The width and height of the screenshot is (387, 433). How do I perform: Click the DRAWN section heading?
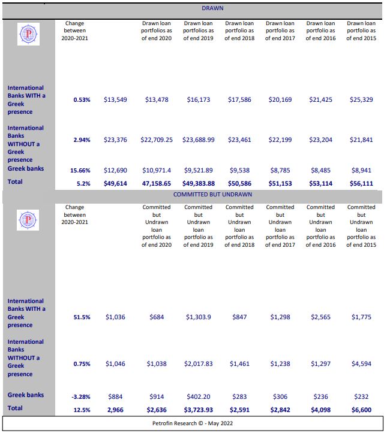(x=212, y=8)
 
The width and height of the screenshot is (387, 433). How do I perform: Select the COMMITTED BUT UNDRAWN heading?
(x=212, y=195)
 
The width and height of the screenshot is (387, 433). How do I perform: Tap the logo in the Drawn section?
(x=28, y=34)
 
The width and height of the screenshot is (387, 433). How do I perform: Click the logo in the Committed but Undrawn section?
(x=28, y=220)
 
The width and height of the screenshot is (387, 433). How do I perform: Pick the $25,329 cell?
(x=361, y=99)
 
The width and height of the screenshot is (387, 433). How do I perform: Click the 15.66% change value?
(x=80, y=170)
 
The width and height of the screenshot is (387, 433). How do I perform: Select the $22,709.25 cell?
(x=157, y=140)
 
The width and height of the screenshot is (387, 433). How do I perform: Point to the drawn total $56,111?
(x=361, y=183)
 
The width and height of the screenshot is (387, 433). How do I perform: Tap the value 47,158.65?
(x=157, y=183)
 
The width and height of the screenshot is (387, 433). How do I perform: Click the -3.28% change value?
(x=81, y=397)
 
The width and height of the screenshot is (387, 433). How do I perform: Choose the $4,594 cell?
(x=361, y=364)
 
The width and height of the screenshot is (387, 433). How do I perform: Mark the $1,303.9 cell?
(x=199, y=317)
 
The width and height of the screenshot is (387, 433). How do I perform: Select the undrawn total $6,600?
(x=361, y=410)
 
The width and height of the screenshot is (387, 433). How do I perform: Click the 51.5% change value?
(x=82, y=317)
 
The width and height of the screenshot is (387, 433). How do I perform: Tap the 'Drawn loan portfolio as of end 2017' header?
(x=280, y=31)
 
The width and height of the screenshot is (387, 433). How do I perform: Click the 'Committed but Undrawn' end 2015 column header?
(x=361, y=226)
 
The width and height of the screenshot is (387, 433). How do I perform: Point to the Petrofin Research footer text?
(x=193, y=423)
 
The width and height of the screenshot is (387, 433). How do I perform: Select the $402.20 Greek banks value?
(x=199, y=397)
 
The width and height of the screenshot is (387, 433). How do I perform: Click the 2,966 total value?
(x=115, y=410)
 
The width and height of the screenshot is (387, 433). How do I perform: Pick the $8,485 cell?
(x=320, y=170)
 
